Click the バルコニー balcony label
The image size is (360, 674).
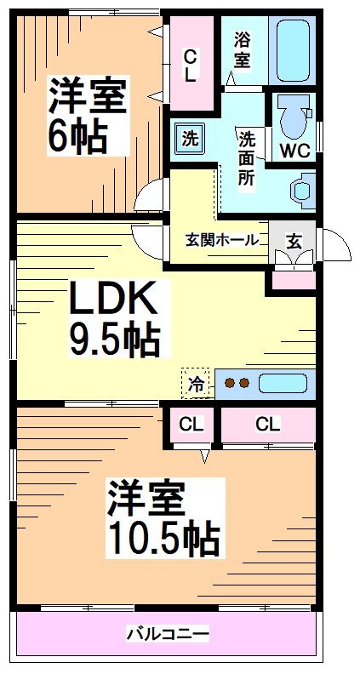[x=168, y=634]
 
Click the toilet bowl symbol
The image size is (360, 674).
[x=293, y=119]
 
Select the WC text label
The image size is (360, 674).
[x=293, y=152]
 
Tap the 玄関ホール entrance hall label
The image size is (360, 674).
[x=222, y=240]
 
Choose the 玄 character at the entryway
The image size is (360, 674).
[x=293, y=240]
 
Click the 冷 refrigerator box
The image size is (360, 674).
[x=196, y=384]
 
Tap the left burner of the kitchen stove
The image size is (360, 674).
[x=230, y=384]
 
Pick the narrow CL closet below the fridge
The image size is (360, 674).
[x=191, y=424]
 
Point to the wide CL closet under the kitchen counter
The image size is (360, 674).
[x=267, y=424]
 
